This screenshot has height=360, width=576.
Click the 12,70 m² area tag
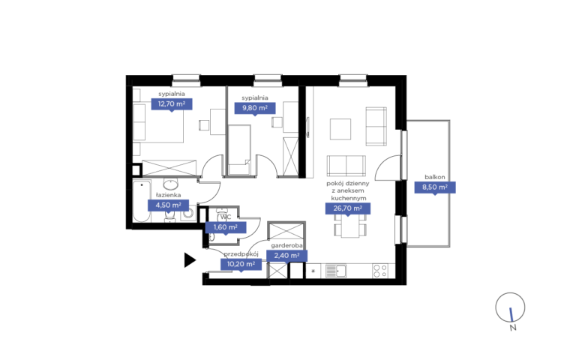tap(172, 104)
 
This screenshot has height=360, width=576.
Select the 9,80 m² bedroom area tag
tap(255, 108)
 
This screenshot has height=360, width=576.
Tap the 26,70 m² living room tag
tap(348, 208)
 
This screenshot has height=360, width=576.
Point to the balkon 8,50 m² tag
tap(435, 187)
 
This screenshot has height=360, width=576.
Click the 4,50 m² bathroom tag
tap(168, 205)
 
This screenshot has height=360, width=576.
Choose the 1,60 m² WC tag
tap(226, 227)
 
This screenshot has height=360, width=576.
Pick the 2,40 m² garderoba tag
tap(287, 255)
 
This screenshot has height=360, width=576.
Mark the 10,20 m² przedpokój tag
tap(241, 264)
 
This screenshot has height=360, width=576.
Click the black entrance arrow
tap(190, 260)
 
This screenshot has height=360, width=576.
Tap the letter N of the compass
tap(513, 327)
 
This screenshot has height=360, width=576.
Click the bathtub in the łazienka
tap(142, 201)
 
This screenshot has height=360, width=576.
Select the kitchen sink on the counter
tap(336, 271)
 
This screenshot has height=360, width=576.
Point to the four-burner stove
tap(379, 271)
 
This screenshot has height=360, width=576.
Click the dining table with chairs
tap(350, 226)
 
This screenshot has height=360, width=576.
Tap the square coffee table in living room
tap(340, 129)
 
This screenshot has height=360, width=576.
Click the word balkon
tap(435, 177)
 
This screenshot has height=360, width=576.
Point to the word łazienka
tap(168, 195)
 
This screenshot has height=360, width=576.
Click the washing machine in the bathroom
tap(188, 213)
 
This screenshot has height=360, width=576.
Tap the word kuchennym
tap(349, 198)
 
